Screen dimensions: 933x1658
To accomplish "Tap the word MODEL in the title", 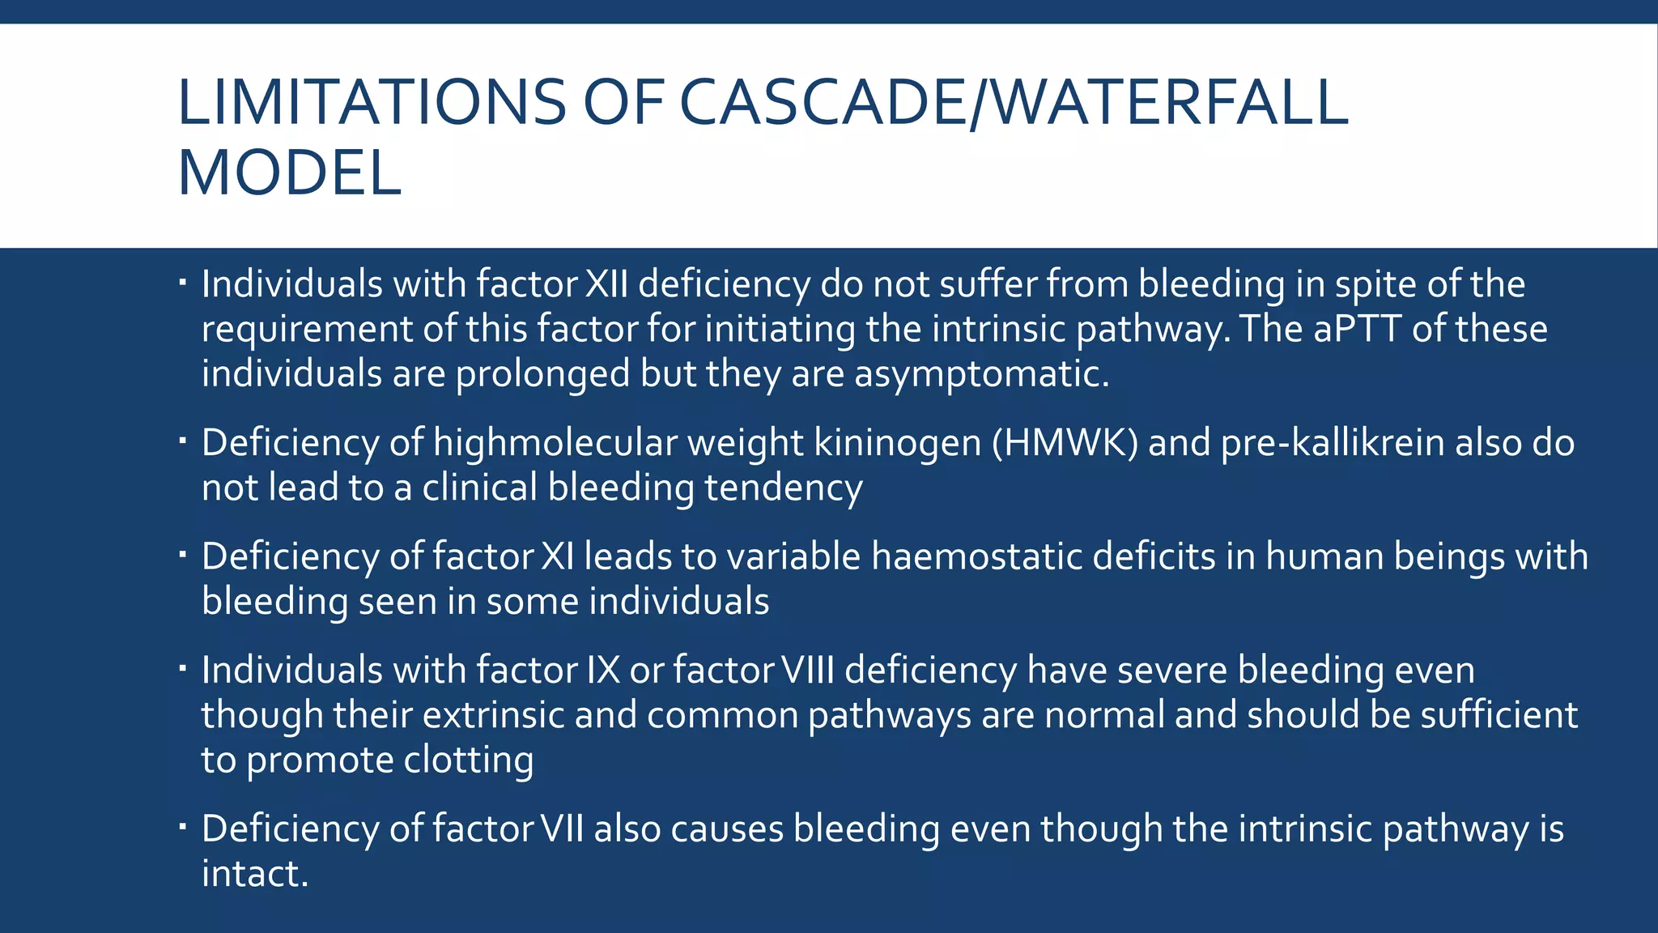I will pos(289,173).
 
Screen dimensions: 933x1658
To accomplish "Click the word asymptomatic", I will pos(981,374).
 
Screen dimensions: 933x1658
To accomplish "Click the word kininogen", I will pos(897,443).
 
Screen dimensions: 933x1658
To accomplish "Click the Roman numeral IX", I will pos(602,671).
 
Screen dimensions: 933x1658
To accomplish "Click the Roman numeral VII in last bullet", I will pos(562,829).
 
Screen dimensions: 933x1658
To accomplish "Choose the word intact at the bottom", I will pos(254,874).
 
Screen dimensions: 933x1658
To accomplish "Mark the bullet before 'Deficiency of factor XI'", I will pos(183,556).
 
